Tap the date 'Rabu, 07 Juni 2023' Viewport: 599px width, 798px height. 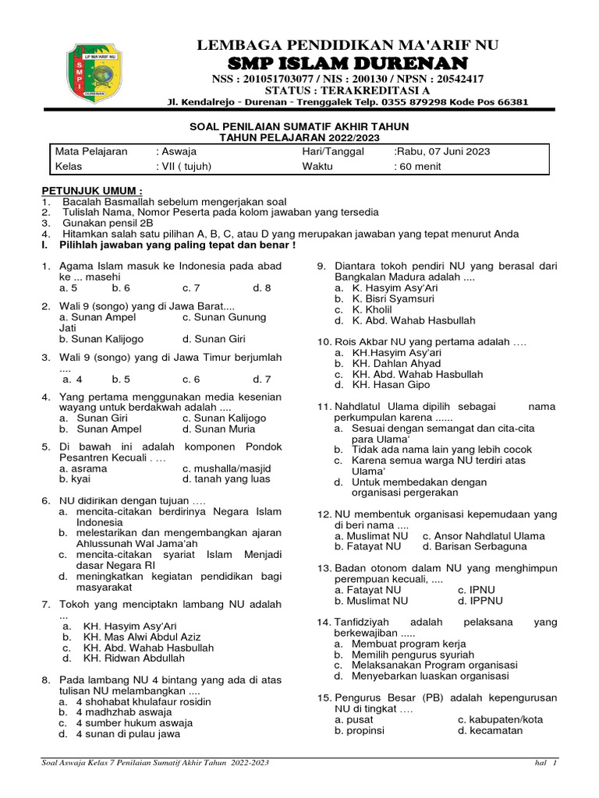pyautogui.click(x=443, y=151)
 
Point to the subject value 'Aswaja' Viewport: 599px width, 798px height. pyautogui.click(x=177, y=151)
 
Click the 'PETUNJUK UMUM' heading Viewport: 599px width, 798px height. pyautogui.click(x=92, y=191)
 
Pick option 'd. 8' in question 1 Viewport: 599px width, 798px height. pyautogui.click(x=261, y=288)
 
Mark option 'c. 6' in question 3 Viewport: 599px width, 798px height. pyautogui.click(x=191, y=380)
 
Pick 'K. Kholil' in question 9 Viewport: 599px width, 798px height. pyautogui.click(x=371, y=309)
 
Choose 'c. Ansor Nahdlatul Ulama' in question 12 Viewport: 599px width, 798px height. pyautogui.click(x=484, y=536)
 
